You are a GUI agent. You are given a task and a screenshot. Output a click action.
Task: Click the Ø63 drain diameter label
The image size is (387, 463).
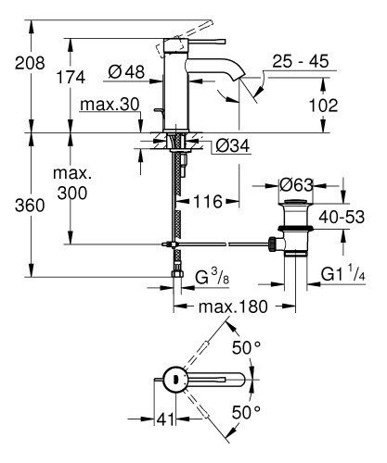click(x=298, y=183)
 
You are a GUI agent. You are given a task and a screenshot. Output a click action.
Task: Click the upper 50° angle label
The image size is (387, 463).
click(x=246, y=347)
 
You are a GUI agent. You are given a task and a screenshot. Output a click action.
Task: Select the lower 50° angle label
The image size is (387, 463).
click(x=246, y=410)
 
